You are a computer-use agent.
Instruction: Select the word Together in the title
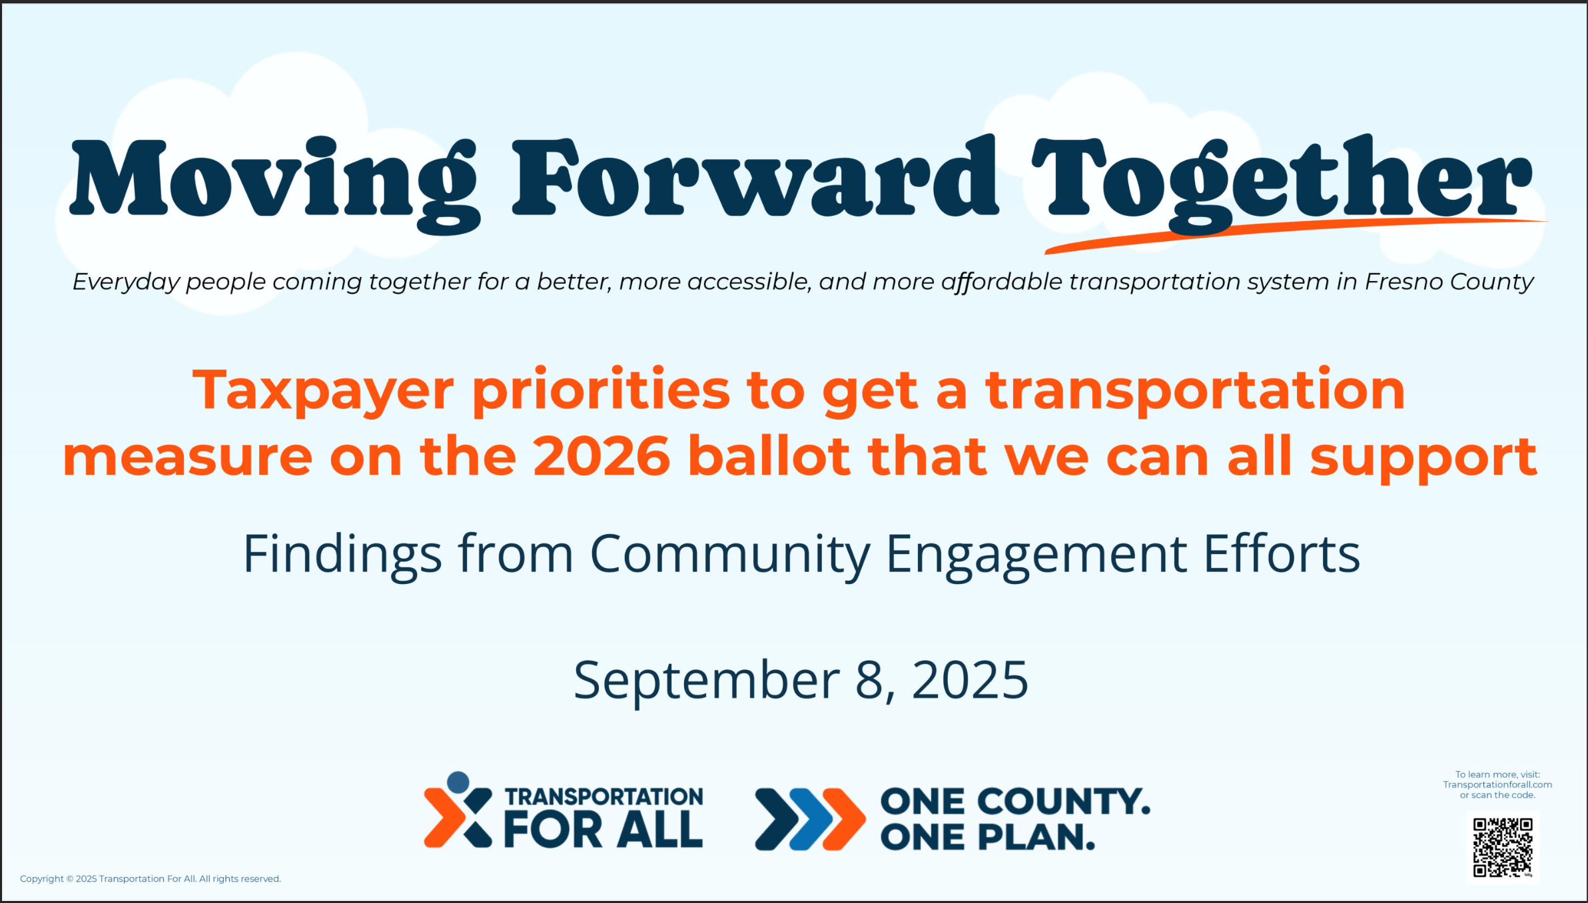click(1282, 183)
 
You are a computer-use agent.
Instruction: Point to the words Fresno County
click(1449, 282)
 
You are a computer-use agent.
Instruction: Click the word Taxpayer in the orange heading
click(323, 392)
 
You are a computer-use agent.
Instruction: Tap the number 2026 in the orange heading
click(601, 456)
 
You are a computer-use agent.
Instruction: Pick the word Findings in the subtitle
click(342, 555)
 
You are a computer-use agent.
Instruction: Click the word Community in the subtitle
click(729, 555)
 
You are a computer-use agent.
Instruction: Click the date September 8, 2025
click(801, 681)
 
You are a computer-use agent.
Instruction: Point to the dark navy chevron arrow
click(777, 820)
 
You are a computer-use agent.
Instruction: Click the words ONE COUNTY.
click(1015, 801)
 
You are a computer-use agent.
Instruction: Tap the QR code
click(1503, 848)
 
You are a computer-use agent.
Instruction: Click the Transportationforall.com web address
click(1497, 784)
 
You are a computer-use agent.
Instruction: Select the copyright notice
click(151, 879)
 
